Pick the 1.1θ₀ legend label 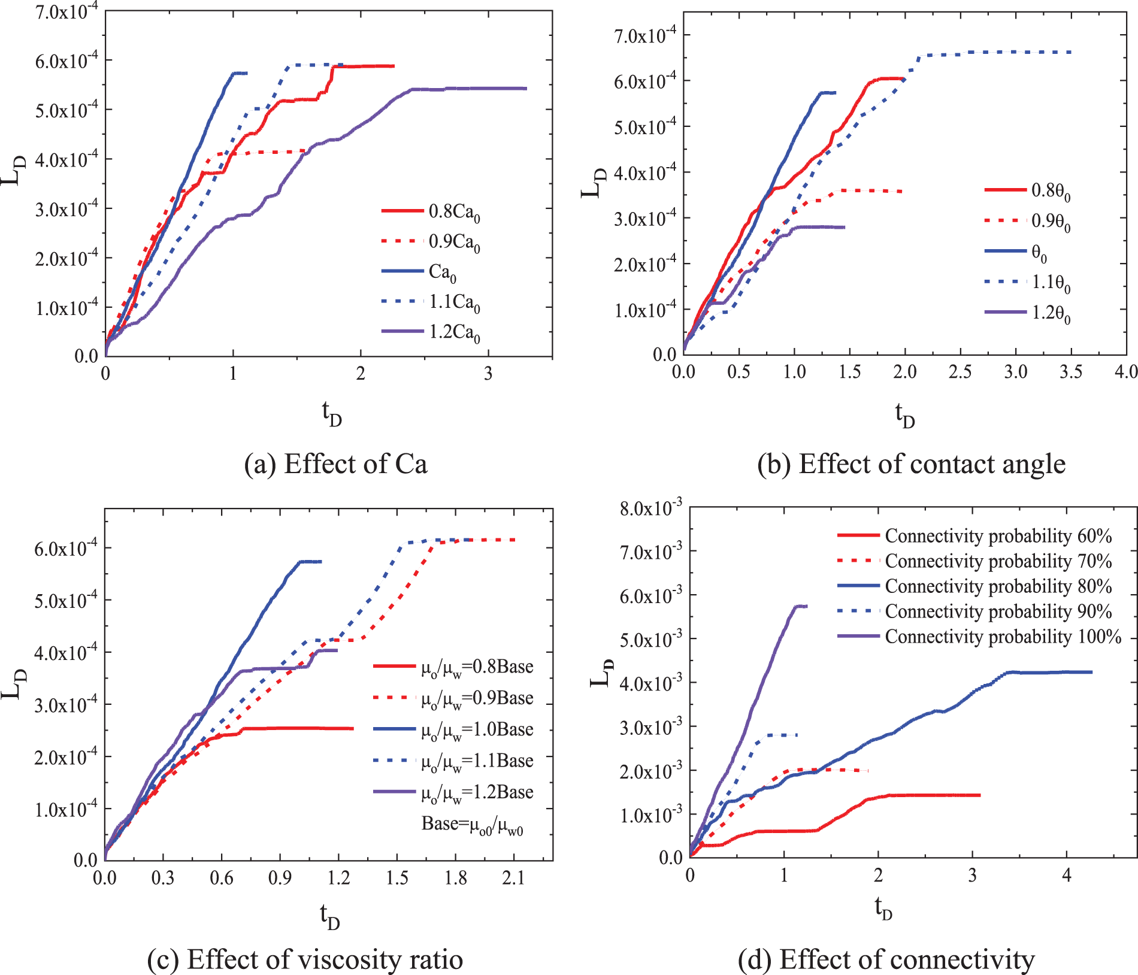click(x=1051, y=282)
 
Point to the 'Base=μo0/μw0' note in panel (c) click(x=472, y=824)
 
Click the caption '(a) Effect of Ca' click(x=335, y=464)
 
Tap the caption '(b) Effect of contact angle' click(x=911, y=464)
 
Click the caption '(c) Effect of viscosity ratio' click(x=305, y=959)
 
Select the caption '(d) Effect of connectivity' click(x=886, y=959)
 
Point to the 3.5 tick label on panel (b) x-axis click(x=1070, y=372)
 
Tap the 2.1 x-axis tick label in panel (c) click(x=513, y=878)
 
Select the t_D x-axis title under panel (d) click(x=883, y=908)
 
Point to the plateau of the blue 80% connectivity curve click(x=1054, y=672)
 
